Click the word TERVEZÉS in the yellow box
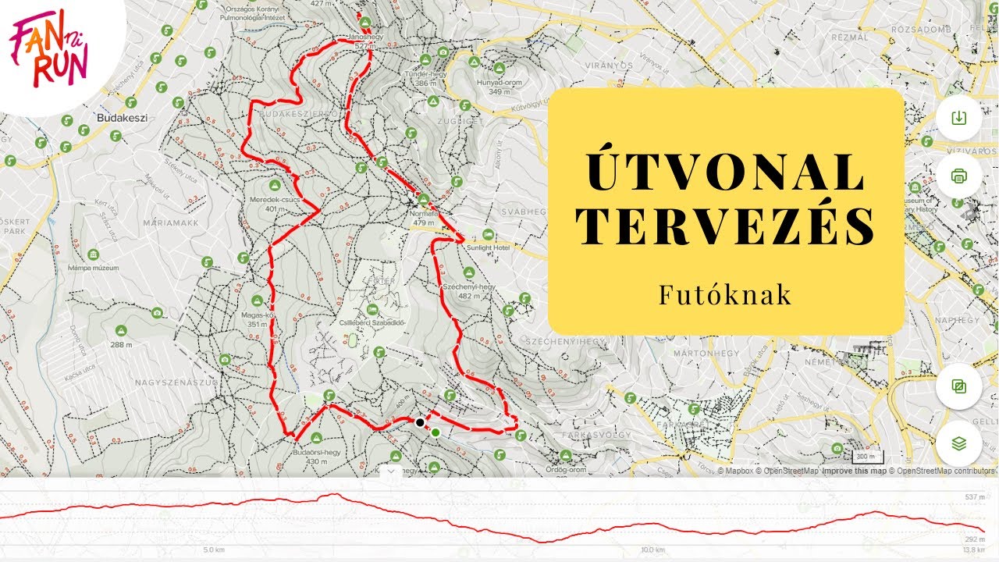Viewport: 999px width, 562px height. pos(726,225)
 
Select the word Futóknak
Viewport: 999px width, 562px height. pos(725,295)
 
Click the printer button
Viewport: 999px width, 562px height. pos(959,176)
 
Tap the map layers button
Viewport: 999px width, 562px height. pos(959,443)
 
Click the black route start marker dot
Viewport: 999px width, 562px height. pos(420,422)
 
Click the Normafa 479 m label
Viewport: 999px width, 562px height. pos(424,216)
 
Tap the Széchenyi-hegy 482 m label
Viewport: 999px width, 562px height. pos(469,290)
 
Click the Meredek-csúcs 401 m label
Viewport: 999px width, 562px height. pos(275,204)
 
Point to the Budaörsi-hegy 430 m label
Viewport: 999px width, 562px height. pos(317,456)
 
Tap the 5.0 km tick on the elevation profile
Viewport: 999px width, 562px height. pos(214,550)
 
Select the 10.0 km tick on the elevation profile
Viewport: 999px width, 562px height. pos(652,550)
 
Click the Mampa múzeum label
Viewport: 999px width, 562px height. pos(93,267)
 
